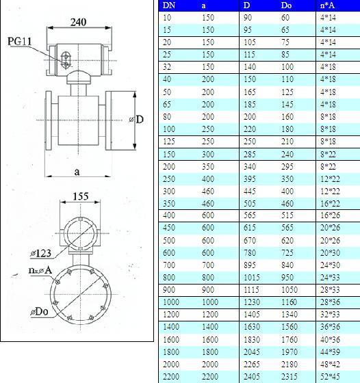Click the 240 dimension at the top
[x=79, y=22]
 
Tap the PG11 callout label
[x=20, y=41]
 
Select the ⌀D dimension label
[x=137, y=120]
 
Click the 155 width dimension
[x=81, y=196]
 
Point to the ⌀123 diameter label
[x=41, y=253]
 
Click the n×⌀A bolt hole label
[x=40, y=270]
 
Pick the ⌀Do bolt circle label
[x=39, y=312]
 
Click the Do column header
[x=286, y=5]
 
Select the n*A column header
[x=327, y=5]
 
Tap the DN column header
[x=169, y=5]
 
